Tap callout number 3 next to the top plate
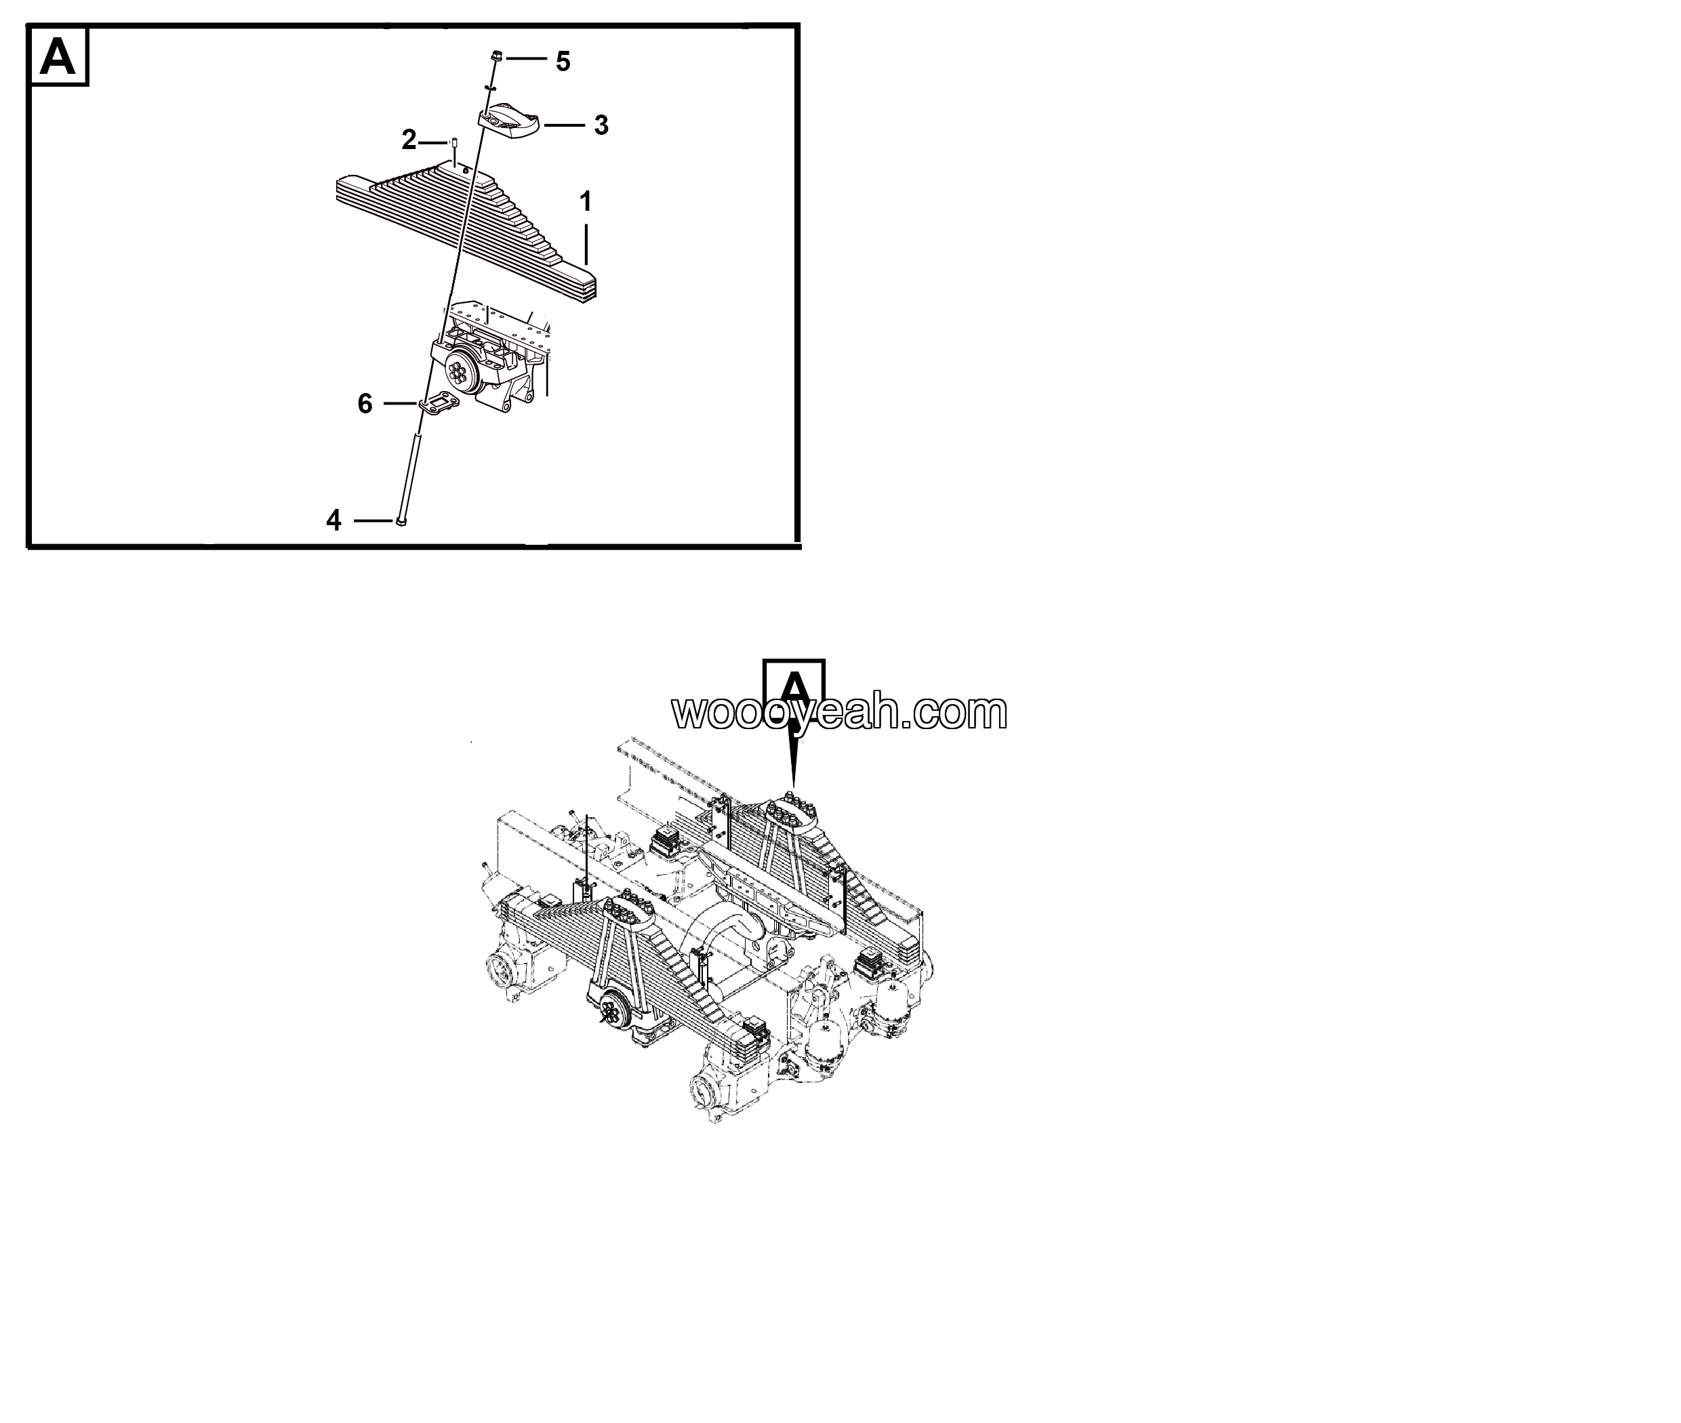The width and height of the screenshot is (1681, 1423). [601, 125]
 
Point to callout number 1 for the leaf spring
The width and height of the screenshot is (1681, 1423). [585, 201]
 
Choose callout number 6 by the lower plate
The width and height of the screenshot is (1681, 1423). [365, 403]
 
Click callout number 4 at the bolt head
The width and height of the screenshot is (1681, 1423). [333, 520]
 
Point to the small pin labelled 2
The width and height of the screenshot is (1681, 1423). [454, 144]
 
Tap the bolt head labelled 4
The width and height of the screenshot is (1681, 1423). [402, 520]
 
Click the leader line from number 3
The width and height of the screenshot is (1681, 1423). [564, 125]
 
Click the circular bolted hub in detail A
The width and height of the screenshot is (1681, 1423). [462, 372]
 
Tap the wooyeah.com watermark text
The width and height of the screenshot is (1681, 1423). [839, 711]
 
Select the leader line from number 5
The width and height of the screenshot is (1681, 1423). [526, 59]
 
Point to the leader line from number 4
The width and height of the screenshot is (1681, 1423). [373, 520]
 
